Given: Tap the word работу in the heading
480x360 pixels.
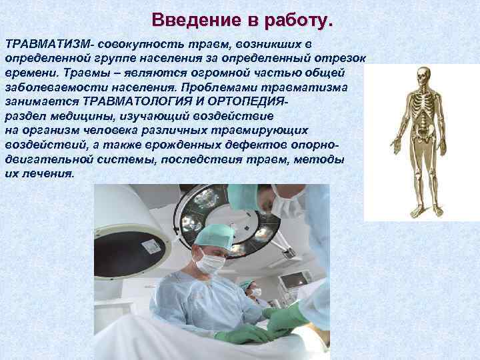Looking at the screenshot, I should (x=296, y=19).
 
